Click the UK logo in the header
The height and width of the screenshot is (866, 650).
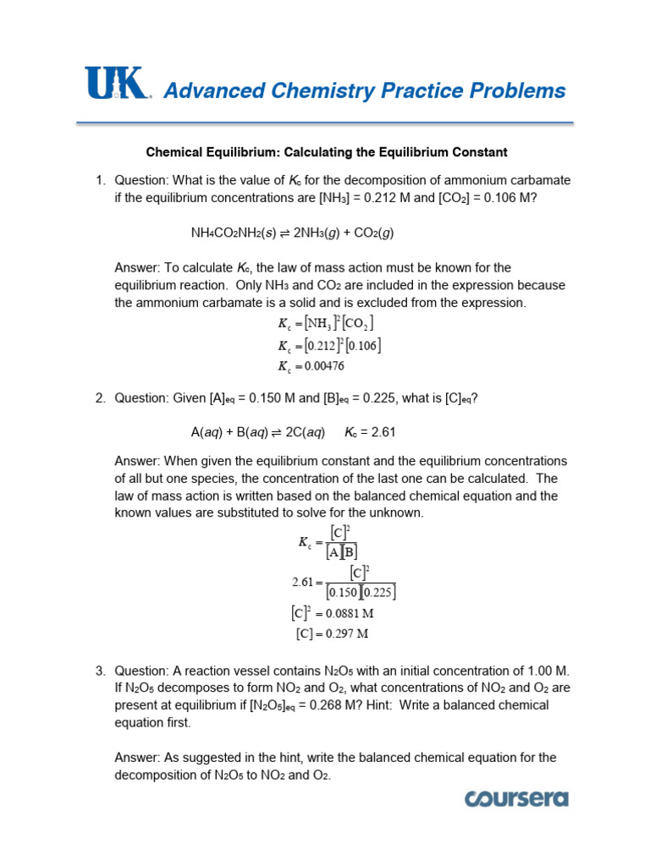(117, 85)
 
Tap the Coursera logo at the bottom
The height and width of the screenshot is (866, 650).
(515, 799)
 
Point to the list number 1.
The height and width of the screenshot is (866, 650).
(99, 180)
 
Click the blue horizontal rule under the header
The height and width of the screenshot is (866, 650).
(325, 123)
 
